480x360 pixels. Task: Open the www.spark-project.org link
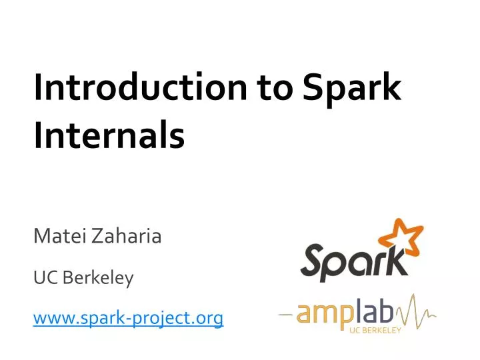[x=128, y=319]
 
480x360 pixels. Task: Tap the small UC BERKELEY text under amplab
[x=375, y=331]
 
